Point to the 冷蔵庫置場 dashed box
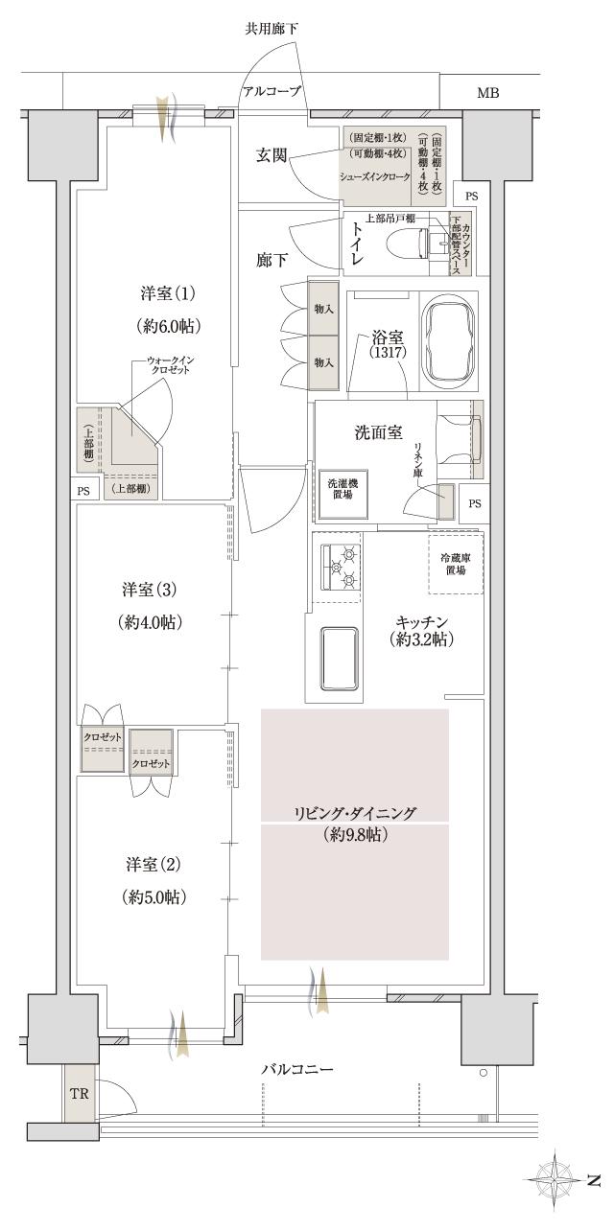click(x=455, y=564)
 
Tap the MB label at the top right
click(x=487, y=93)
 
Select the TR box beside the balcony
click(x=80, y=1092)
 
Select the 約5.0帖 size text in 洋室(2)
click(x=153, y=898)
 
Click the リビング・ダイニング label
click(x=355, y=813)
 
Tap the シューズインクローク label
click(x=375, y=177)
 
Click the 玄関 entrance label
click(x=272, y=156)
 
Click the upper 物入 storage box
click(x=323, y=308)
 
